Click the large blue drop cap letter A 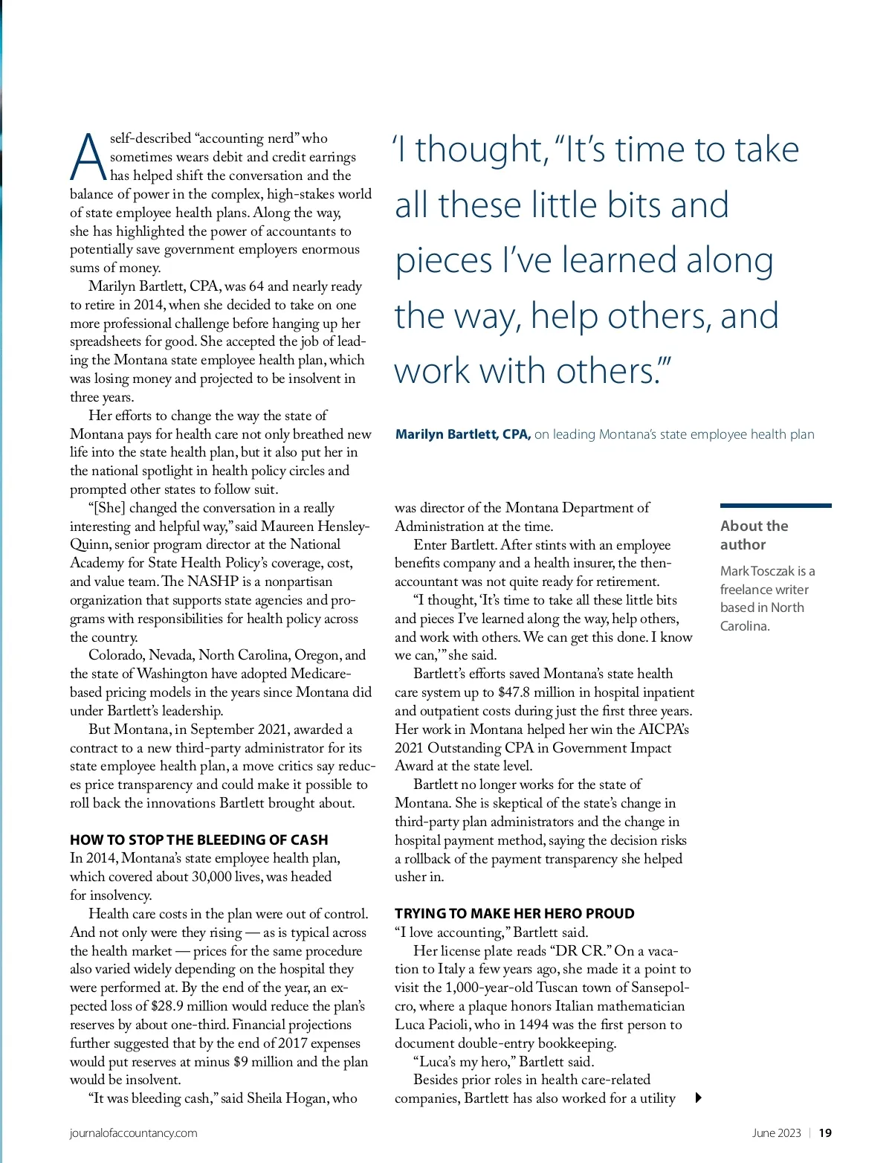[88, 157]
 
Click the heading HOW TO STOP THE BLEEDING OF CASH [198, 840]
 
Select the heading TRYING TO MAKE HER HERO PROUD [514, 913]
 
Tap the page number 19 [825, 1133]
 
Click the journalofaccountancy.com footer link [134, 1133]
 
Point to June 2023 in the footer [776, 1133]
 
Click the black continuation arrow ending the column [698, 1098]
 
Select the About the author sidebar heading [754, 535]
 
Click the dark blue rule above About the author [775, 506]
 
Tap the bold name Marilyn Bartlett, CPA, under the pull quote [462, 434]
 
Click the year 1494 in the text [534, 1025]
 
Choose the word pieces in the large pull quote [444, 262]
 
